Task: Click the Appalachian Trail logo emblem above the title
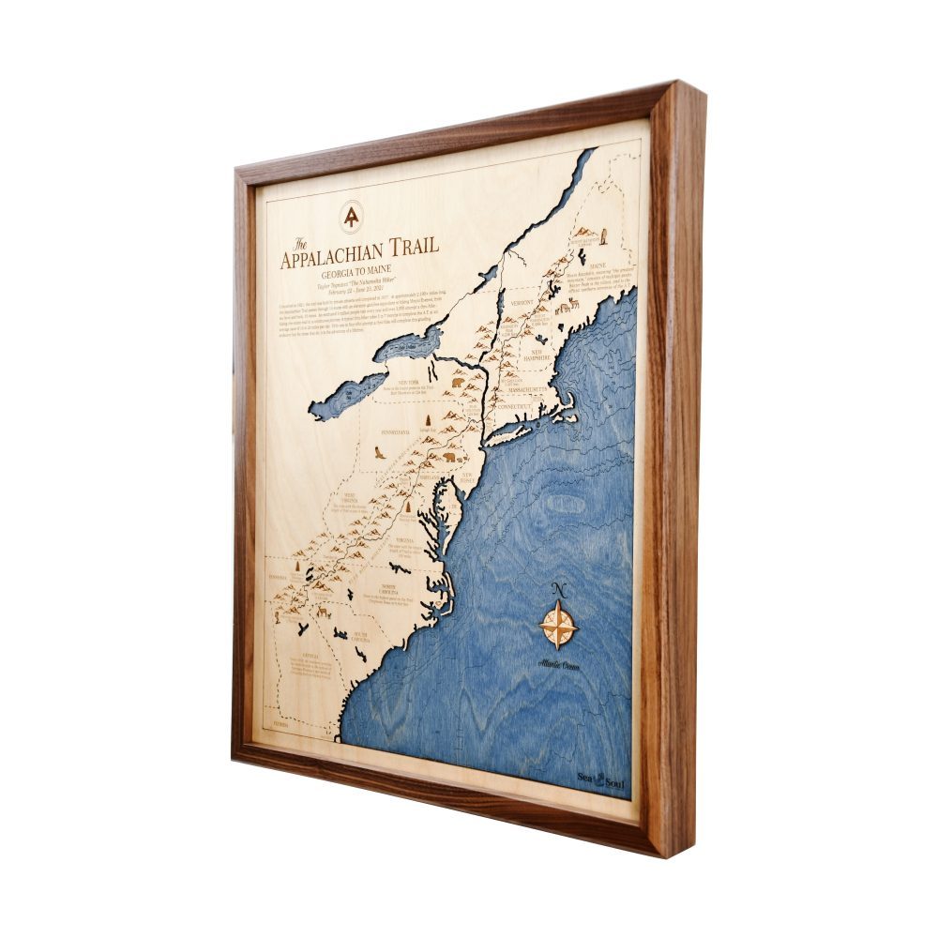pyautogui.click(x=351, y=218)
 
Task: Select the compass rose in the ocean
pyautogui.click(x=559, y=625)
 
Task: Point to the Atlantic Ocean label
pyautogui.click(x=558, y=664)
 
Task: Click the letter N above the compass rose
pyautogui.click(x=559, y=589)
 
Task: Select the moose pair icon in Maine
pyautogui.click(x=566, y=306)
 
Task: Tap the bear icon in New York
pyautogui.click(x=458, y=382)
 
